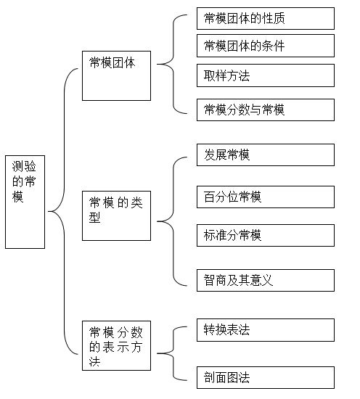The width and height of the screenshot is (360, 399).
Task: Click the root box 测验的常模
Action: coord(25,202)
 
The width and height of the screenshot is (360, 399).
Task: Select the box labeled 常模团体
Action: coord(116,75)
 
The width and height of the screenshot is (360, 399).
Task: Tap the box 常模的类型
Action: coord(116,215)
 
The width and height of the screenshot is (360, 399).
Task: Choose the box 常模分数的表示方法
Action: coord(116,345)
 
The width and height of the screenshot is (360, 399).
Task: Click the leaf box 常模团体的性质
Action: coord(266,18)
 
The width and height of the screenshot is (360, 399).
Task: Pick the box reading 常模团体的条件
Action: coord(266,46)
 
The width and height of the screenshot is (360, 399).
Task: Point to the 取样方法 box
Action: coord(266,75)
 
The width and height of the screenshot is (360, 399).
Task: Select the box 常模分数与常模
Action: coord(266,110)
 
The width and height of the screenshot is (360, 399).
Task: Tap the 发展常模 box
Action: coord(266,155)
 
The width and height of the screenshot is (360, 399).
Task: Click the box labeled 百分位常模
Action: coord(266,197)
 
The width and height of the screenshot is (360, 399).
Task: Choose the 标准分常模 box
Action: coord(266,235)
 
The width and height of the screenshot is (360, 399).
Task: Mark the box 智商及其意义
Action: coord(266,280)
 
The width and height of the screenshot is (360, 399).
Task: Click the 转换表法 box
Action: coord(266,330)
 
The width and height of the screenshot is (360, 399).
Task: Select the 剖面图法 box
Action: coord(266,377)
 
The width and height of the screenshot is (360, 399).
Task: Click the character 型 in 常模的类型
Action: coord(94,218)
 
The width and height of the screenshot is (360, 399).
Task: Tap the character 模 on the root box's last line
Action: coord(17,197)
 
